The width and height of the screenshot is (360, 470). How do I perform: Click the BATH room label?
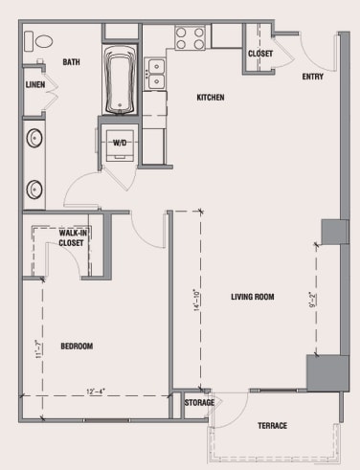pos(71,62)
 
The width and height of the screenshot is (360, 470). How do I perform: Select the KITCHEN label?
pos(211,98)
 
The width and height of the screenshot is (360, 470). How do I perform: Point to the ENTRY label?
pos(312,77)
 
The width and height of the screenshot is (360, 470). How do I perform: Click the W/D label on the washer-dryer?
pos(121,143)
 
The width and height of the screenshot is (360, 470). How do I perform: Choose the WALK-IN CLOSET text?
pos(72,237)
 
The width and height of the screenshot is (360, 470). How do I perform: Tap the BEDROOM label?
pos(77,346)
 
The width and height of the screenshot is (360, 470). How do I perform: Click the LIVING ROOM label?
pos(252,297)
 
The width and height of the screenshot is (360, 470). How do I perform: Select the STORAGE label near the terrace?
pos(198,403)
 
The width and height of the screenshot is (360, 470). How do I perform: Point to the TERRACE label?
pos(272,425)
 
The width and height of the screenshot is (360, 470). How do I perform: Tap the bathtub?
pos(121,80)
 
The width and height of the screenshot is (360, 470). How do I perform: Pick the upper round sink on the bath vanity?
pos(34,139)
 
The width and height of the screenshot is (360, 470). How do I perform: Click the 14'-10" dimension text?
pos(195,302)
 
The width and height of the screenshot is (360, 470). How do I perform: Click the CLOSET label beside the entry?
pos(260,54)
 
